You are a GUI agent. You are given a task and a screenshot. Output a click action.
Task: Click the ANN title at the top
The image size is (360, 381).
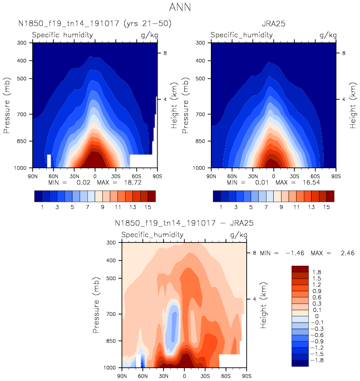tap(179, 8)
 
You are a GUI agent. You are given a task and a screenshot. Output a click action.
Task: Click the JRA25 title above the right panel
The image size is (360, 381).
tap(273, 23)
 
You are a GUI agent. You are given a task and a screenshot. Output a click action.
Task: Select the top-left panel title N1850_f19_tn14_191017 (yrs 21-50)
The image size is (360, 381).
tap(95, 23)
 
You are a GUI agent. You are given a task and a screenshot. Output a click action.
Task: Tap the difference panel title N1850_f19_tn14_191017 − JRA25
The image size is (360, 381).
tap(184, 223)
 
